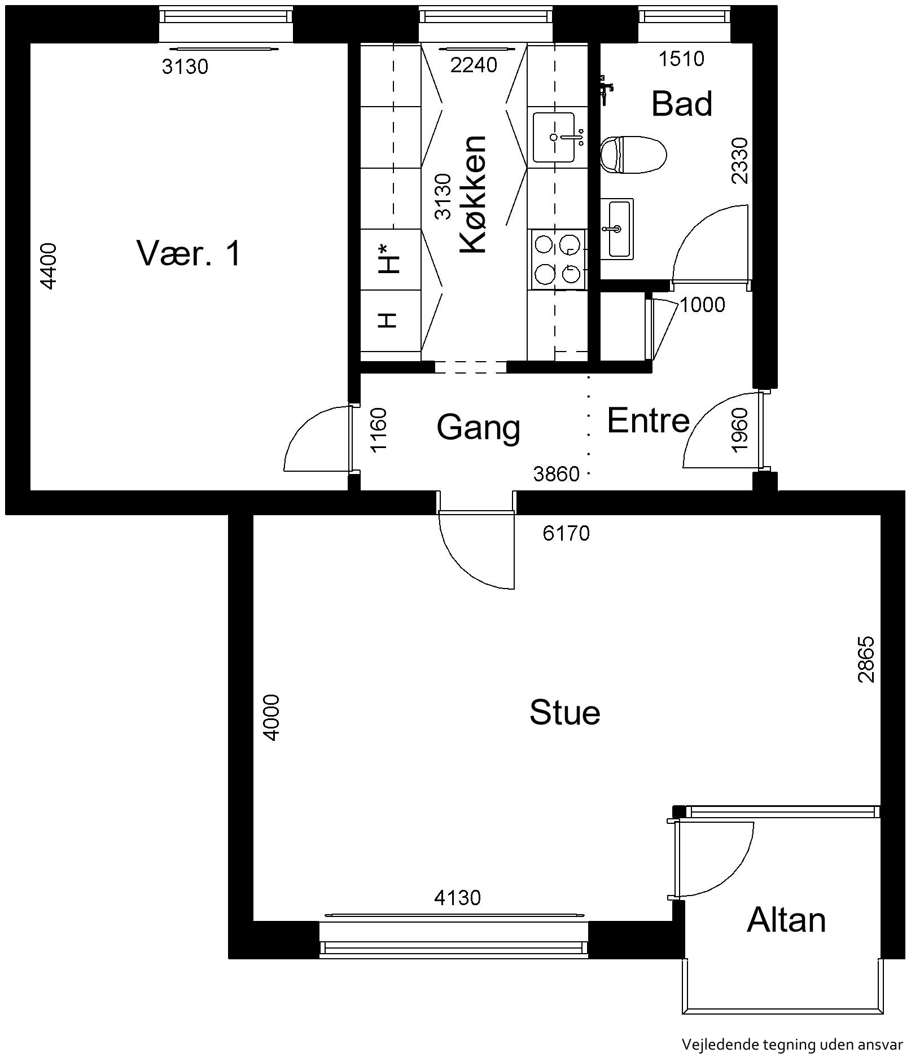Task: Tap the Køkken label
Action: point(472,194)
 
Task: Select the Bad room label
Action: point(682,104)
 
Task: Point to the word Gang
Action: point(479,428)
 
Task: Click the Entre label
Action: point(649,420)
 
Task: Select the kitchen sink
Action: point(557,137)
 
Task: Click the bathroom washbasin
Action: point(617,229)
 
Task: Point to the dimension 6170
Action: point(566,533)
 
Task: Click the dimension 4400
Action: point(49,266)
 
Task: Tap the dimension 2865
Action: point(866,659)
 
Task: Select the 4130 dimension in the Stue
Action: point(457,897)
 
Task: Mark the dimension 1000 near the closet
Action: point(702,305)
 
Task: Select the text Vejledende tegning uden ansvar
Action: point(792,1045)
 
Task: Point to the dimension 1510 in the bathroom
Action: point(682,59)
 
